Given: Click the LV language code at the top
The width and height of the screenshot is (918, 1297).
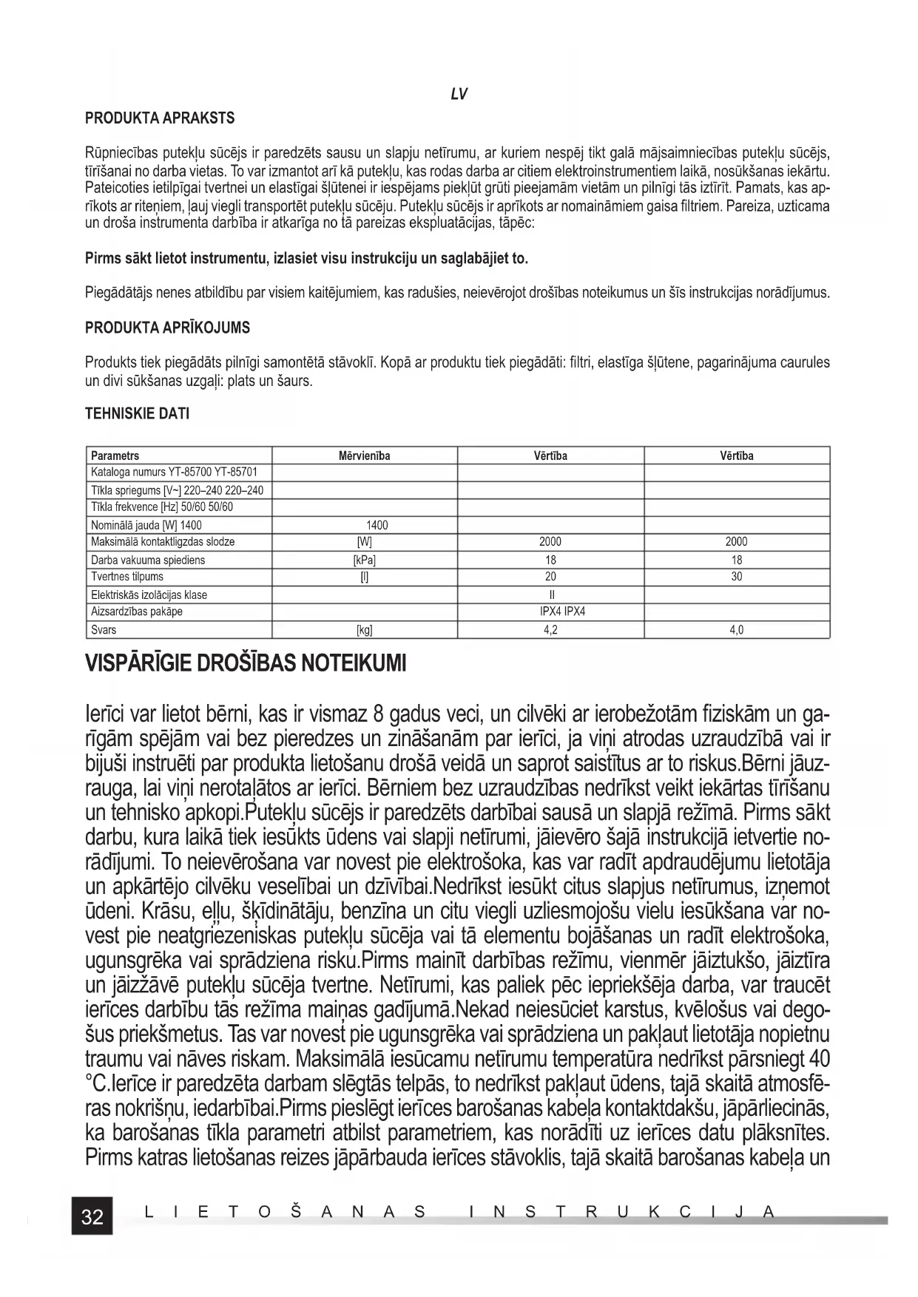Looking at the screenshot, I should click(459, 94).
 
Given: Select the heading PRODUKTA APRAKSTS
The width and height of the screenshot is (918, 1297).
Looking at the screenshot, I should click(160, 118).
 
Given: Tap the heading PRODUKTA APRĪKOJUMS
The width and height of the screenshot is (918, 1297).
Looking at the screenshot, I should click(168, 328).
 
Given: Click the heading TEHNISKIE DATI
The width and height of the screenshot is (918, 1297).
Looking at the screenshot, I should click(138, 414).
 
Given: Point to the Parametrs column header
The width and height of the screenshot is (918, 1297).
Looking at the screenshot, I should click(115, 456).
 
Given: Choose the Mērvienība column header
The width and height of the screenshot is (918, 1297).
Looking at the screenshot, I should click(364, 456).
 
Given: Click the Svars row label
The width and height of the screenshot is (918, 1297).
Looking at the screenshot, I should click(104, 630).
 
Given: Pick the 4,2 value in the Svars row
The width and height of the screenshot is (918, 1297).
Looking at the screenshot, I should click(550, 630).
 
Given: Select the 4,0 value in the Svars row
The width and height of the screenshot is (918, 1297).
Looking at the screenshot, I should click(736, 630).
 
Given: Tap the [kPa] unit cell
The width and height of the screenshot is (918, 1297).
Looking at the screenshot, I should click(364, 560).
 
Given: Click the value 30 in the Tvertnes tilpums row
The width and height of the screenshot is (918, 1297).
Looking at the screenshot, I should click(736, 577).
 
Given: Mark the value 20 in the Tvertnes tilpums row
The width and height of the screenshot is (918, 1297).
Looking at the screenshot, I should click(550, 577).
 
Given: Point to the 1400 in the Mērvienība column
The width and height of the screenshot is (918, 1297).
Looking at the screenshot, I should click(377, 525).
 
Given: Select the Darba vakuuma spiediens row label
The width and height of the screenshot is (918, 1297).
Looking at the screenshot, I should click(148, 560).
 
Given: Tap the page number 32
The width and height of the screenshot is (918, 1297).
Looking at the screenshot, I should click(92, 1216).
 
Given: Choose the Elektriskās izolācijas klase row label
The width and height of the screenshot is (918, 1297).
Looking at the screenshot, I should click(149, 595).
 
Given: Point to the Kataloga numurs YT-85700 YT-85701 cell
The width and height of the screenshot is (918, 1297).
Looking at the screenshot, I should click(174, 472).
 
